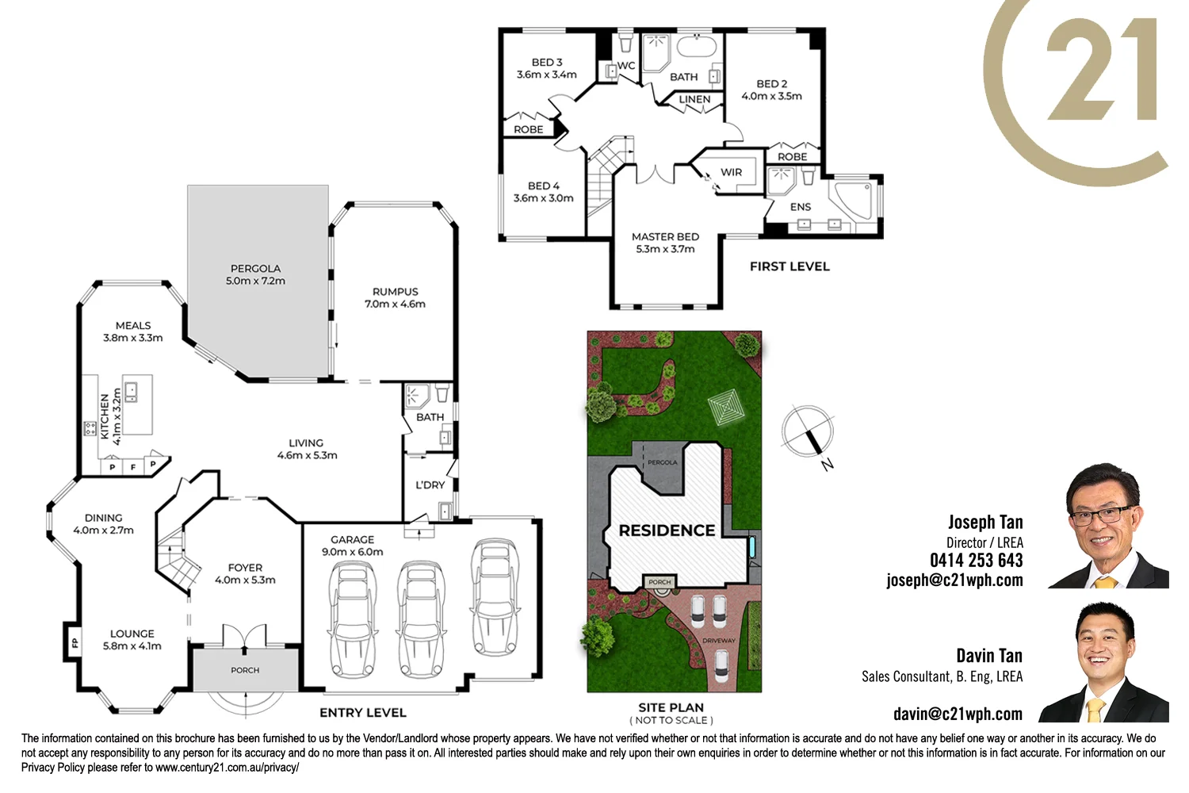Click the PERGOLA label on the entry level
pos(255,274)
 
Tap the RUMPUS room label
pos(395,297)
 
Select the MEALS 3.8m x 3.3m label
pos(133,331)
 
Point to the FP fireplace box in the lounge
pos(75,642)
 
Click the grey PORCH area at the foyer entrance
pos(245,670)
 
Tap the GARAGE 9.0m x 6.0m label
pos(352,546)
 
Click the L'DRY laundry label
pos(430,485)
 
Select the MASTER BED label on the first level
pos(665,243)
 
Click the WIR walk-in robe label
pos(731,172)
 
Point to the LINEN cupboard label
pos(694,99)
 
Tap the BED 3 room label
pos(547,68)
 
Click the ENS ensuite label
pos(801,207)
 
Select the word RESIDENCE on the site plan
pos(667,531)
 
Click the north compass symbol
pos(808,432)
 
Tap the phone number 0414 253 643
pos(976,561)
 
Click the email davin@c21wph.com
pos(958,714)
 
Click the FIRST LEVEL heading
pos(789,266)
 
